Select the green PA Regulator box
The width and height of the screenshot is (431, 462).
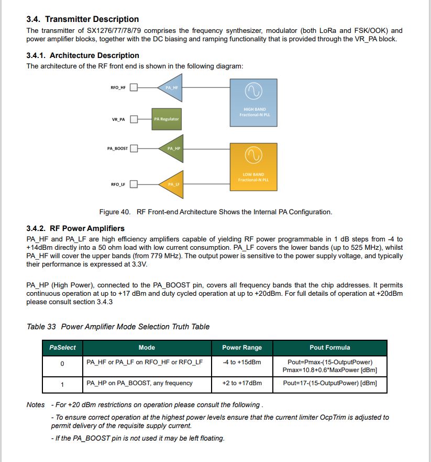tap(166, 119)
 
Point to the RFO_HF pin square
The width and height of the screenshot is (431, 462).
tap(134, 87)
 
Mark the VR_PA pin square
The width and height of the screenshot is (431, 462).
tap(134, 119)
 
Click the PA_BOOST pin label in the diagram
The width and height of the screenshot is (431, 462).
tap(117, 148)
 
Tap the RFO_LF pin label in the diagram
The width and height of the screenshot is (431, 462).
tap(118, 184)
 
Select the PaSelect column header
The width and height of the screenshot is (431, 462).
tap(62, 348)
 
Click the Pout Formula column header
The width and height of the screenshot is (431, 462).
tap(329, 348)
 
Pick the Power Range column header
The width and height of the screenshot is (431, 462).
tap(242, 348)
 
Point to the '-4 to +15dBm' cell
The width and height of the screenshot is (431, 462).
tap(242, 362)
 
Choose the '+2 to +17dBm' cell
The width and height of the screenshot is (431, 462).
tap(242, 384)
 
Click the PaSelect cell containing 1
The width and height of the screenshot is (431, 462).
tap(62, 385)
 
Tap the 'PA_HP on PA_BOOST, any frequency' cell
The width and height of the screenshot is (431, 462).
tap(139, 384)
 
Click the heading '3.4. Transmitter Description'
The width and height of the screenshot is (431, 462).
tap(82, 19)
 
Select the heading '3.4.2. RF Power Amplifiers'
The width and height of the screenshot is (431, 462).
tap(75, 228)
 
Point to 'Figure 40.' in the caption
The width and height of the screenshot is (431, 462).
tap(116, 212)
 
